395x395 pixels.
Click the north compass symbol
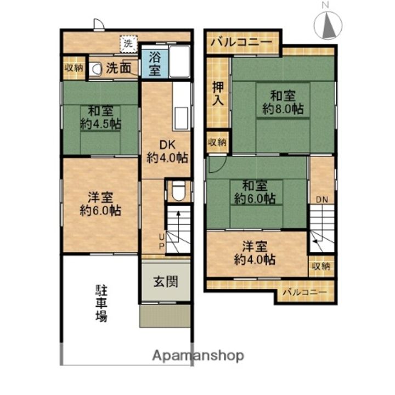(328, 22)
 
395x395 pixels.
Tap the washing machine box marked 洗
(128, 44)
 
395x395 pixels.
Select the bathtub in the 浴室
(179, 61)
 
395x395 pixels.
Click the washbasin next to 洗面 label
(95, 69)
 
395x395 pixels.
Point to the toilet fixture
(179, 191)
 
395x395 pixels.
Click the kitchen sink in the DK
(181, 118)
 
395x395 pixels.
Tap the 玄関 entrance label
(166, 281)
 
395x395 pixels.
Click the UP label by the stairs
(162, 241)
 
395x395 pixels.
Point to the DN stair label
(321, 200)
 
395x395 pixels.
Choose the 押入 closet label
(218, 93)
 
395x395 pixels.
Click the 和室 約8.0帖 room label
(283, 103)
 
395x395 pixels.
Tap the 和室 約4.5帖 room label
(101, 117)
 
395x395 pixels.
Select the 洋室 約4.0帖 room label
(255, 253)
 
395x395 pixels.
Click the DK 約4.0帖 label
(167, 151)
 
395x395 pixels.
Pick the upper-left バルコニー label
(241, 42)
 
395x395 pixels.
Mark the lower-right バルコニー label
(304, 292)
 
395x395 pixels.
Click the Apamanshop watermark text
(198, 356)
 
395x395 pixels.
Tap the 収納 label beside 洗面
(74, 68)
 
